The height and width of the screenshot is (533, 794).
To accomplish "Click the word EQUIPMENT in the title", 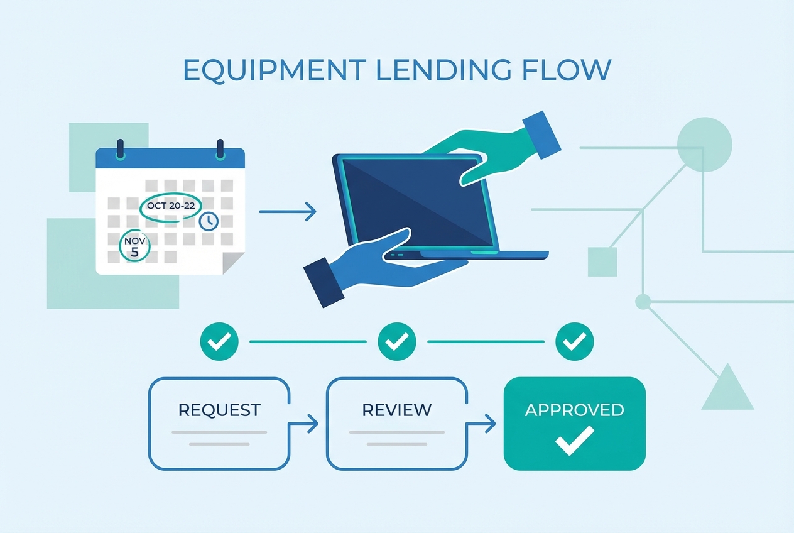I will click(263, 70).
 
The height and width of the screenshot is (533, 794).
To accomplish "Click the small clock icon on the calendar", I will click(208, 221).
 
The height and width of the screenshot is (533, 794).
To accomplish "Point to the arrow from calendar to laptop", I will click(287, 212).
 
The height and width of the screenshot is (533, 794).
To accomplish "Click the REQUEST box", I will click(219, 422).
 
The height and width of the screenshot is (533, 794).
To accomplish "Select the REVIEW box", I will click(396, 422).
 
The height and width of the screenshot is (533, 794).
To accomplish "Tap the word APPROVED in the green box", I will click(574, 410).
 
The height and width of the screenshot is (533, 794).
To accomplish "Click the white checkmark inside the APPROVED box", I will click(574, 439).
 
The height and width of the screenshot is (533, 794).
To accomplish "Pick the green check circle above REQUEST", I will click(219, 342).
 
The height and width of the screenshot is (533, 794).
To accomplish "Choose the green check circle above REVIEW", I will click(396, 342).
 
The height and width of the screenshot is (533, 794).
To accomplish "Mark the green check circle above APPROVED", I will click(574, 342).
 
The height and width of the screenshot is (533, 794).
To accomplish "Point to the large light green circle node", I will click(704, 144).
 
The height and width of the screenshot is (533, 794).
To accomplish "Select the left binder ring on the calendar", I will click(121, 150).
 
